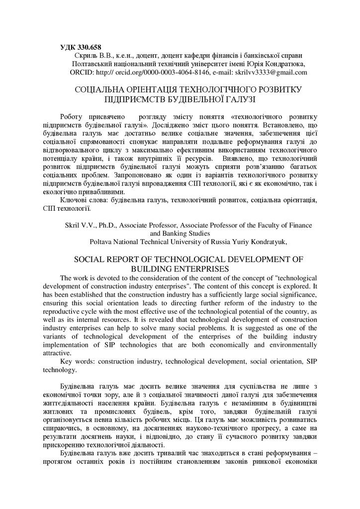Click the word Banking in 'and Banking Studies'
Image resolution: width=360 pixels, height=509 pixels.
[180, 233]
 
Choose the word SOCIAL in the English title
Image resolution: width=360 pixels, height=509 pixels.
[91, 260]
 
